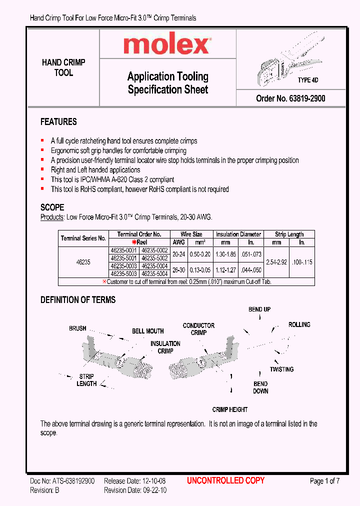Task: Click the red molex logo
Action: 167,45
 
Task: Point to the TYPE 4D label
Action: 308,80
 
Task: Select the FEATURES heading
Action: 58,122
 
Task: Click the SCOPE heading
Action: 52,207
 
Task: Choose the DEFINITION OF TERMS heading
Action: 77,300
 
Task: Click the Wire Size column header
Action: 191,234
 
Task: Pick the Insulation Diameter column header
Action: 238,234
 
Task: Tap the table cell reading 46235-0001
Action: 123,250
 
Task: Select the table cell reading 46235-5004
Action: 154,274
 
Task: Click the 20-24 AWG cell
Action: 178,254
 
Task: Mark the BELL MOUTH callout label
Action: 148,331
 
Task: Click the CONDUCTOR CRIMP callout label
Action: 198,329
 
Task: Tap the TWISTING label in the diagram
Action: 281,369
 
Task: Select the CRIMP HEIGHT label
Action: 230,409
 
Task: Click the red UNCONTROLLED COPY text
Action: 225,480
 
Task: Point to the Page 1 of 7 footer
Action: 324,481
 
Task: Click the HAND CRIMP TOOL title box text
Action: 63,67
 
